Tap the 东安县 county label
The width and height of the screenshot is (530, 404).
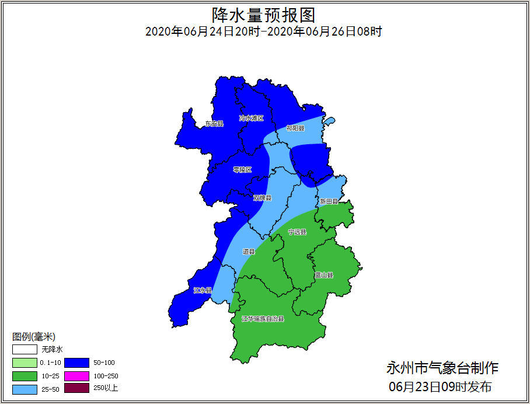click(x=214, y=124)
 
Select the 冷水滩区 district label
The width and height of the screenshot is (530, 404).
click(x=252, y=118)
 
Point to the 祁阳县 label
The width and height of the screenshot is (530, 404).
click(x=295, y=128)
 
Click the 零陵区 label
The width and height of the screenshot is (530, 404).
click(x=242, y=170)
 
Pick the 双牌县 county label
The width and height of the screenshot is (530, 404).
click(x=263, y=198)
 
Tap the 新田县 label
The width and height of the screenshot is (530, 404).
click(x=329, y=201)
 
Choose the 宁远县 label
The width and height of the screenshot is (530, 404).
click(x=297, y=232)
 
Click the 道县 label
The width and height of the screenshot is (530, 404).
click(x=249, y=252)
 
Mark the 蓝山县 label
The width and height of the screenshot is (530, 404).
click(x=323, y=275)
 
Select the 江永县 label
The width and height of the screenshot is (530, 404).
click(x=203, y=290)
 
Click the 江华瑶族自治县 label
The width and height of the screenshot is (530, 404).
click(x=263, y=319)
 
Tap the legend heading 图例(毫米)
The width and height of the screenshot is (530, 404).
click(x=34, y=337)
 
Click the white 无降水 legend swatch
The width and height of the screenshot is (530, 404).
click(x=25, y=350)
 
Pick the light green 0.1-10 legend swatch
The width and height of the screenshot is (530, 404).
click(x=25, y=363)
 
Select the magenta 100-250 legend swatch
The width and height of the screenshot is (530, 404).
click(x=76, y=375)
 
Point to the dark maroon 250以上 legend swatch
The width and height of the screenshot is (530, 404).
click(x=76, y=388)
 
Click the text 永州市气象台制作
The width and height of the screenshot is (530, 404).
click(x=442, y=368)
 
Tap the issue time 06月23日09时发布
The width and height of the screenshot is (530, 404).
click(x=440, y=387)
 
